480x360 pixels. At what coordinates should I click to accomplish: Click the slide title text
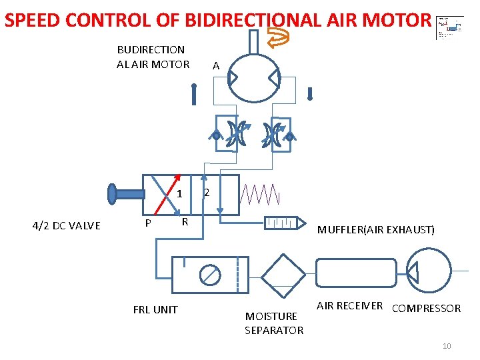[x=217, y=20]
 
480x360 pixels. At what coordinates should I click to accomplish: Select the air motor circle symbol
[x=254, y=78]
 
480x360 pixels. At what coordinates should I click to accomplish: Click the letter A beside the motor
[x=215, y=65]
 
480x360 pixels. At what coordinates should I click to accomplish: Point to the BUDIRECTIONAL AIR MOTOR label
[x=153, y=57]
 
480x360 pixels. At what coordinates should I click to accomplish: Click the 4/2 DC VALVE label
[x=66, y=225]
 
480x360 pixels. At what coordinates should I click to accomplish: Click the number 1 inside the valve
[x=180, y=195]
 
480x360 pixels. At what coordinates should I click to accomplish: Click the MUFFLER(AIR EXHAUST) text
[x=376, y=230]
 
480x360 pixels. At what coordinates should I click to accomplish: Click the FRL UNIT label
[x=155, y=310]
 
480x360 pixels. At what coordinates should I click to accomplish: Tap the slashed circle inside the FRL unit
[x=209, y=274]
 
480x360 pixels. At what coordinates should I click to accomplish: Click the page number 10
[x=447, y=346]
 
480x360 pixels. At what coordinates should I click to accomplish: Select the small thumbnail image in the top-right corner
[x=450, y=28]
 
